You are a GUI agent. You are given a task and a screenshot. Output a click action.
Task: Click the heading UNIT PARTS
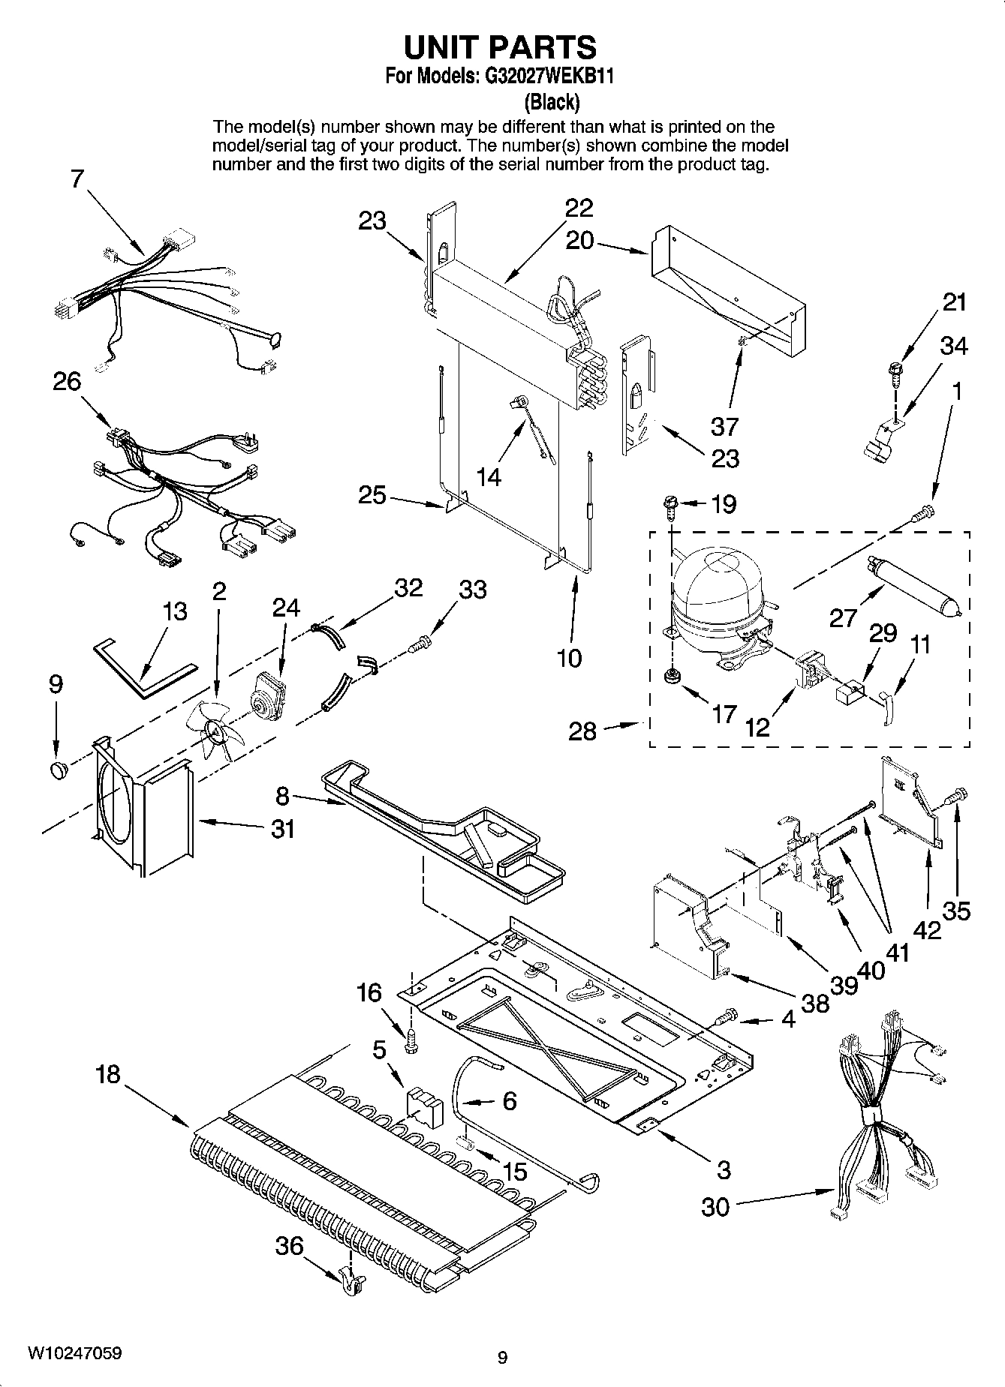tap(500, 47)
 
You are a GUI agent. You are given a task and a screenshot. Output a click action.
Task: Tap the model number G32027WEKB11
tap(544, 77)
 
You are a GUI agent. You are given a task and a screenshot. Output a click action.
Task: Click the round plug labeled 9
tap(58, 768)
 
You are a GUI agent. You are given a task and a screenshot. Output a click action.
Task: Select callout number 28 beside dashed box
tap(582, 730)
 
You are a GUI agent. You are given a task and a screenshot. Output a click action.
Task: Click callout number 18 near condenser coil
tap(108, 1073)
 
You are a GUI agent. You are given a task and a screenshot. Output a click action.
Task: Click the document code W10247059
tap(75, 1352)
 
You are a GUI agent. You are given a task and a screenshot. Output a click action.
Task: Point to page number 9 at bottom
tap(502, 1356)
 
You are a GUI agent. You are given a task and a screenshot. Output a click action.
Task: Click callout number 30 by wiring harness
tap(715, 1206)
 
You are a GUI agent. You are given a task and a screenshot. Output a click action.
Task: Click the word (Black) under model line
tap(551, 101)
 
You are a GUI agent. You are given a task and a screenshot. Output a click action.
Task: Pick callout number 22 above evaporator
tap(579, 208)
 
